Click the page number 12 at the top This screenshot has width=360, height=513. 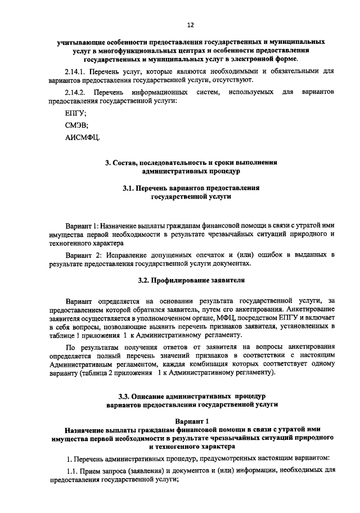190,25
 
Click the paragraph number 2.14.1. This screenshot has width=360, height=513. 77,71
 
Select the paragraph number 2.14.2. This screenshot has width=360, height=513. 77,92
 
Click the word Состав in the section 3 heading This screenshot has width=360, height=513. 128,163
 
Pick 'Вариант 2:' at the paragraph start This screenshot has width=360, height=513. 83,254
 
